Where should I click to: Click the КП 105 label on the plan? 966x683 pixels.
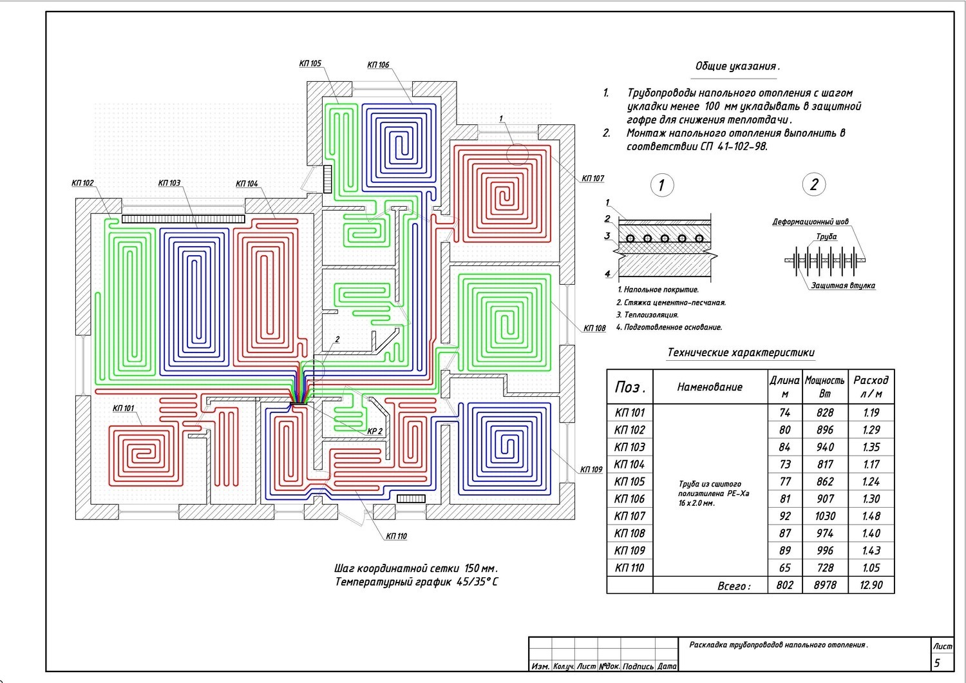point(310,64)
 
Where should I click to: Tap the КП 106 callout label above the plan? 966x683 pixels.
point(378,65)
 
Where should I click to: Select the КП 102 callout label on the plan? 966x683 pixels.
point(82,183)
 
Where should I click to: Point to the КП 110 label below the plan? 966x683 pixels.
point(396,536)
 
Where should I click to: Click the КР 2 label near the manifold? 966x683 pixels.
point(375,432)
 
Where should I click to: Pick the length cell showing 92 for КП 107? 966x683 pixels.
point(784,516)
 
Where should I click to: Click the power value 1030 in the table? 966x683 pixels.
point(824,516)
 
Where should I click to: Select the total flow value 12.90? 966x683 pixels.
point(871,585)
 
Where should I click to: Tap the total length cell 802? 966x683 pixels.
point(784,585)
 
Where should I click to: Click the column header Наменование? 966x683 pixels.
point(710,387)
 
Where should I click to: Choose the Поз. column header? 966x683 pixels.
point(630,387)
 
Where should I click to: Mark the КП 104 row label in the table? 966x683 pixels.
point(629,465)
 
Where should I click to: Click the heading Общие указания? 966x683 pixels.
point(737,66)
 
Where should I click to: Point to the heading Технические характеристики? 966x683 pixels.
point(741,353)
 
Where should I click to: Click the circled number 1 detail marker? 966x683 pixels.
point(661,186)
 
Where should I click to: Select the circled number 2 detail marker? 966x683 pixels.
point(814,185)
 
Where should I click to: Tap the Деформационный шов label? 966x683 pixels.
point(810,222)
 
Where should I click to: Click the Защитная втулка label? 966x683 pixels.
point(842,285)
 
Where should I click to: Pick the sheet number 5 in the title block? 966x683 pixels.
point(937,662)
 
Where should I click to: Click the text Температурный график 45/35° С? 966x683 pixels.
point(416,582)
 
